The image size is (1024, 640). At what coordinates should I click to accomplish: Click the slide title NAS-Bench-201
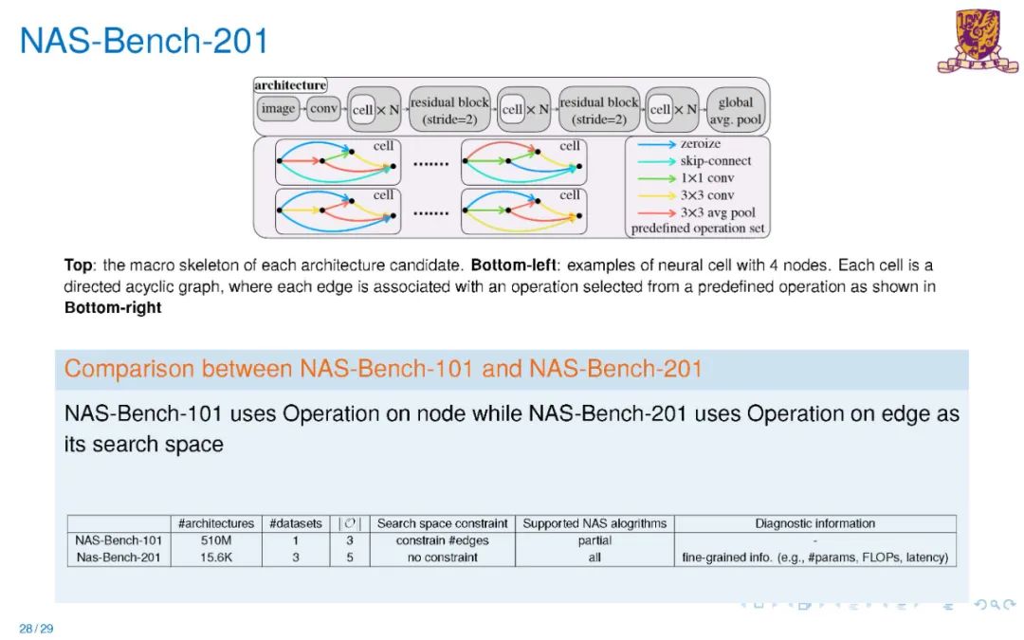click(144, 41)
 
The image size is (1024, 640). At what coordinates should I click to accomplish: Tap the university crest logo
click(977, 41)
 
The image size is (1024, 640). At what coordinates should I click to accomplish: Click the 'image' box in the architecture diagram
click(278, 109)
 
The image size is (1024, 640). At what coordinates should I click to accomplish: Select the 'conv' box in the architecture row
click(323, 109)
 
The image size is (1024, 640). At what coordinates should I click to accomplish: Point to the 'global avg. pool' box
click(735, 111)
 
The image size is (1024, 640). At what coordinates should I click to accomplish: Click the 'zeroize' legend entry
click(700, 144)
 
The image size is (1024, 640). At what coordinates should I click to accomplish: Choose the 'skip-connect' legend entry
click(715, 161)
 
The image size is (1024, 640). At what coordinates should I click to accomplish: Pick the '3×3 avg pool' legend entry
click(718, 212)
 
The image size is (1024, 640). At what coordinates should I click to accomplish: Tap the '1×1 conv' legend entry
click(706, 178)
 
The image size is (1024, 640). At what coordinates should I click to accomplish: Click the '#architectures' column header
click(216, 523)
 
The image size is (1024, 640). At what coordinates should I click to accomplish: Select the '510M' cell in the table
click(216, 540)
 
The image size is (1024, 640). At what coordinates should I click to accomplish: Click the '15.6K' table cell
click(216, 558)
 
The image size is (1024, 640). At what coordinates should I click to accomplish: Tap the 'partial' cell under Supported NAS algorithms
click(594, 540)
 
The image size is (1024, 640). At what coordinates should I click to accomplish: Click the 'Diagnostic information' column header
click(814, 523)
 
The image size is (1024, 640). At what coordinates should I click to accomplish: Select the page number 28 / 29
click(36, 628)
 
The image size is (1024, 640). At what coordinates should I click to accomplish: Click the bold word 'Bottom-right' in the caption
click(113, 308)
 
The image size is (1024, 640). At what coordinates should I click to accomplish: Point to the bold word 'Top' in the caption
click(80, 265)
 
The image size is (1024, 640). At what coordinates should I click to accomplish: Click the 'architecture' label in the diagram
click(290, 85)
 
